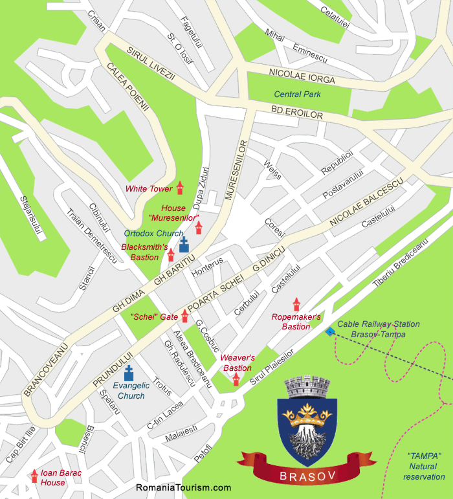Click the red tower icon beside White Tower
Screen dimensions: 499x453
[x=180, y=188]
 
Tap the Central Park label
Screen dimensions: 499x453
[x=298, y=94]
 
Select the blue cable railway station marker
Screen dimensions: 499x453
[x=331, y=331]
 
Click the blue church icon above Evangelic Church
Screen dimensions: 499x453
[x=129, y=373]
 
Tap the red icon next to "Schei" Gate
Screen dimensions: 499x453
[x=185, y=316]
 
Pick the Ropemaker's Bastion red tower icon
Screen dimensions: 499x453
[x=296, y=304]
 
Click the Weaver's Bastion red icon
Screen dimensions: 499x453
[x=236, y=379]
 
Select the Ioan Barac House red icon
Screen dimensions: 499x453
[x=34, y=476]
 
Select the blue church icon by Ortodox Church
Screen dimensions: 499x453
[x=184, y=245]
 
